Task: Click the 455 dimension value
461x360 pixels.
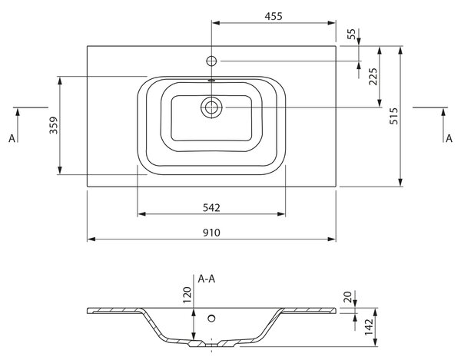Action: (274, 16)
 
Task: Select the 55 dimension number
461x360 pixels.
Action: (351, 34)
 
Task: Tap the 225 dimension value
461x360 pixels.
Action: (373, 77)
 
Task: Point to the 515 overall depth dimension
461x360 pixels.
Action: (393, 116)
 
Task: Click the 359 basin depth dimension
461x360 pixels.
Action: (54, 125)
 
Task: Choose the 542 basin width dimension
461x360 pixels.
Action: (211, 208)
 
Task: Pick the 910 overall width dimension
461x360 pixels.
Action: (211, 233)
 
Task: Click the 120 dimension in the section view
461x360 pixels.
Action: (187, 295)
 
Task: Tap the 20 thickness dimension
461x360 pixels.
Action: (347, 297)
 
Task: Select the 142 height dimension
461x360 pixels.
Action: (369, 327)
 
